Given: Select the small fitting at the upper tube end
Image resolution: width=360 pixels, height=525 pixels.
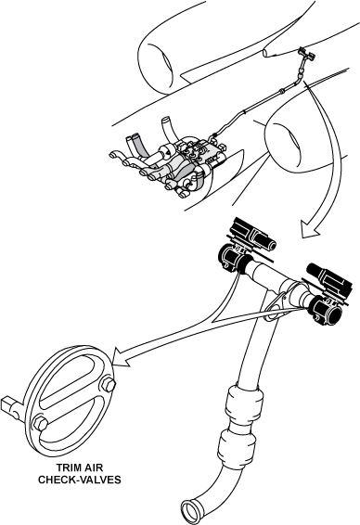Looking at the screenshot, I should tap(303, 58).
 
